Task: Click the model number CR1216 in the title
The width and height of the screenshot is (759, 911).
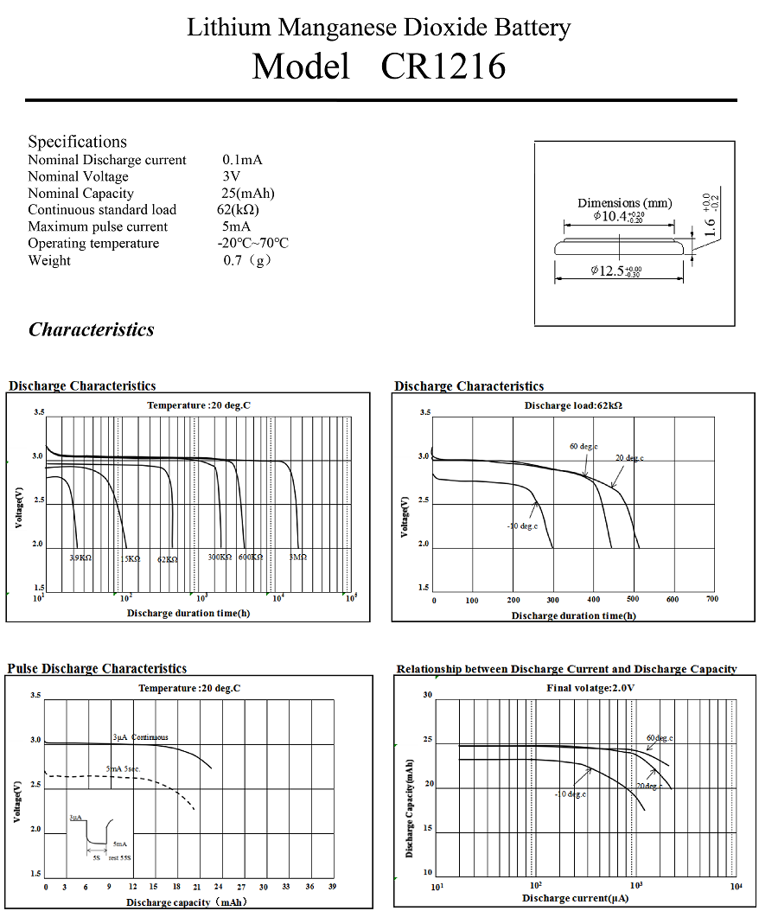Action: (443, 67)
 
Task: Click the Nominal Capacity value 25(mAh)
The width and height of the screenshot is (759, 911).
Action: (243, 194)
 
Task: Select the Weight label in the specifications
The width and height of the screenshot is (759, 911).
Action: (49, 260)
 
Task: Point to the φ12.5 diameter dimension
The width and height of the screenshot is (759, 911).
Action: (616, 271)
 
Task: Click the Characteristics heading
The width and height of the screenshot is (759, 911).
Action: (92, 329)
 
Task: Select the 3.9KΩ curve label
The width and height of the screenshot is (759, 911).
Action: (80, 558)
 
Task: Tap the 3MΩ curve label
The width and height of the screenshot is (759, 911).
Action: (297, 558)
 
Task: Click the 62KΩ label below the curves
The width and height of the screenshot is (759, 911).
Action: (168, 559)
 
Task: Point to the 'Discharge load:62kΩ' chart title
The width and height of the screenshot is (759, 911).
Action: (573, 405)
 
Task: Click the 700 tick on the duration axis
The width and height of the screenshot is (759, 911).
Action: (711, 600)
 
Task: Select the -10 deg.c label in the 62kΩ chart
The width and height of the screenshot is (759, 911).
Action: (523, 526)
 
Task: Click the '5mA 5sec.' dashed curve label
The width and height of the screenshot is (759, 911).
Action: (124, 768)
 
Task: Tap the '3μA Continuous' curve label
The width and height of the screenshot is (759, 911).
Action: (140, 737)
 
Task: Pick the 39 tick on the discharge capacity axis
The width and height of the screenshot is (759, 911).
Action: (332, 887)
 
